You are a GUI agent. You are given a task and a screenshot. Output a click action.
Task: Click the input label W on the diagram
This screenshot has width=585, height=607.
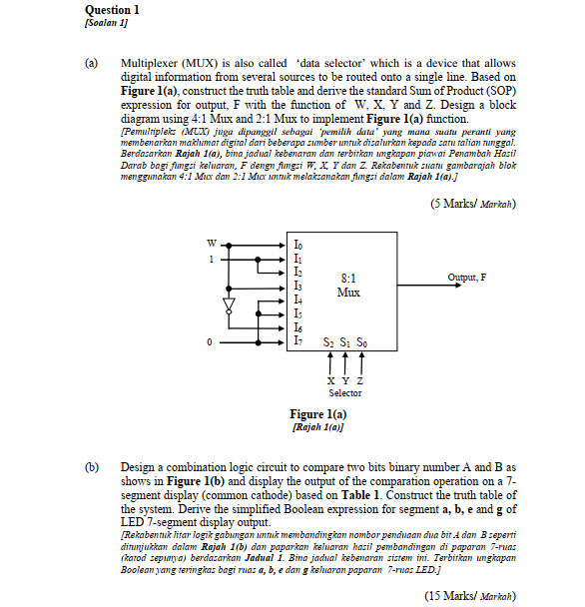(210, 242)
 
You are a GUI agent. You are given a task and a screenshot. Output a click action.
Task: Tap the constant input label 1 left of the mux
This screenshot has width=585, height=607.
(211, 260)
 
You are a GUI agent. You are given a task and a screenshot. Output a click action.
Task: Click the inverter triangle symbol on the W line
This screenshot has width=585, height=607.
(229, 303)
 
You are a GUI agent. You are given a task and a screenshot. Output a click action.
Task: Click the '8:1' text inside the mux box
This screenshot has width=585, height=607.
(348, 279)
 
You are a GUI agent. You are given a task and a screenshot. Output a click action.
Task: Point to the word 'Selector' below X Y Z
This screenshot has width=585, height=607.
(345, 393)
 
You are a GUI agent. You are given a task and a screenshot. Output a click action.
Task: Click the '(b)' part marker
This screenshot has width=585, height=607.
(93, 466)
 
